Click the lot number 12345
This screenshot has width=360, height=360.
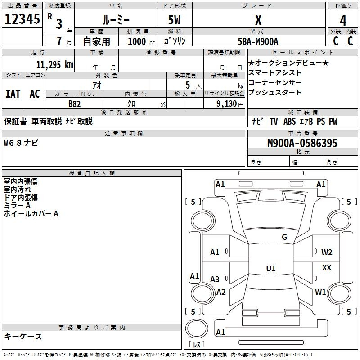pyautogui.click(x=22, y=19)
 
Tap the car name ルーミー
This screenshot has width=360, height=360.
pyautogui.click(x=116, y=20)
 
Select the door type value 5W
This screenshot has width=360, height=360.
pyautogui.click(x=174, y=20)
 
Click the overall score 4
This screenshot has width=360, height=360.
pyautogui.click(x=343, y=21)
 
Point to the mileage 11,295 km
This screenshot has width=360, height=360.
pyautogui.click(x=55, y=65)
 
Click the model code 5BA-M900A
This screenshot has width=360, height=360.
pyautogui.click(x=258, y=41)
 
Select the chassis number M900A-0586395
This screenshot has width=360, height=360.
pyautogui.click(x=302, y=143)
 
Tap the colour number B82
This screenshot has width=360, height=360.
pyautogui.click(x=75, y=104)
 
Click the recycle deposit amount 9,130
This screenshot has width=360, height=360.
pyautogui.click(x=227, y=104)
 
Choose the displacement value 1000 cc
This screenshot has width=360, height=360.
pyautogui.click(x=141, y=41)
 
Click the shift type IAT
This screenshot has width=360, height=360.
pyautogui.click(x=13, y=94)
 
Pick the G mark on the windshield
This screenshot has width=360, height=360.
pyautogui.click(x=284, y=237)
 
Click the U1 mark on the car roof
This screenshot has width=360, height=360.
pyautogui.click(x=271, y=268)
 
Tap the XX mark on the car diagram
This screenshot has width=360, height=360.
pyautogui.click(x=327, y=267)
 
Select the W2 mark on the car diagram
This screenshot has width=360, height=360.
pyautogui.click(x=327, y=252)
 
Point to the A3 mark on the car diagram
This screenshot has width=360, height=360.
pyautogui.click(x=215, y=279)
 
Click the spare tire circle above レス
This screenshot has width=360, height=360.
pyautogui.click(x=197, y=328)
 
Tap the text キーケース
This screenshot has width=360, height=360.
pyautogui.click(x=23, y=336)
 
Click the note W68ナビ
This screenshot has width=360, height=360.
pyautogui.click(x=21, y=143)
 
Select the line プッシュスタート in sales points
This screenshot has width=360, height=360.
pyautogui.click(x=275, y=92)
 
